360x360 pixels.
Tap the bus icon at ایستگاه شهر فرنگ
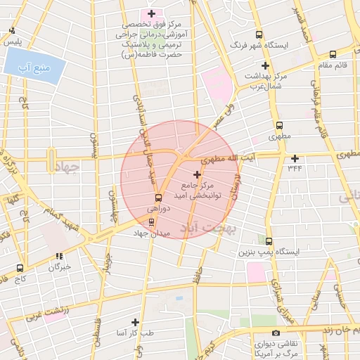click(x=259, y=34)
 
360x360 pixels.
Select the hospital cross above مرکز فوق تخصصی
click(x=151, y=13)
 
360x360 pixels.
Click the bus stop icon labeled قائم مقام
click(x=333, y=53)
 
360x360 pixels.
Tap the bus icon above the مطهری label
click(x=279, y=124)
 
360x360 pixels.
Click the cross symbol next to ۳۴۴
click(x=295, y=158)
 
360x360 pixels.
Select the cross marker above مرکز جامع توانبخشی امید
click(x=197, y=174)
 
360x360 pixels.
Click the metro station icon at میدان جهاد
click(x=151, y=221)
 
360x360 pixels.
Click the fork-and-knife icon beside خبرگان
click(x=60, y=256)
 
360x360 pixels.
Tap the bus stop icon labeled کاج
click(x=19, y=268)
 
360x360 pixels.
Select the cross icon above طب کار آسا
click(x=135, y=321)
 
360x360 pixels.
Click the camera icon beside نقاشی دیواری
click(x=276, y=333)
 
